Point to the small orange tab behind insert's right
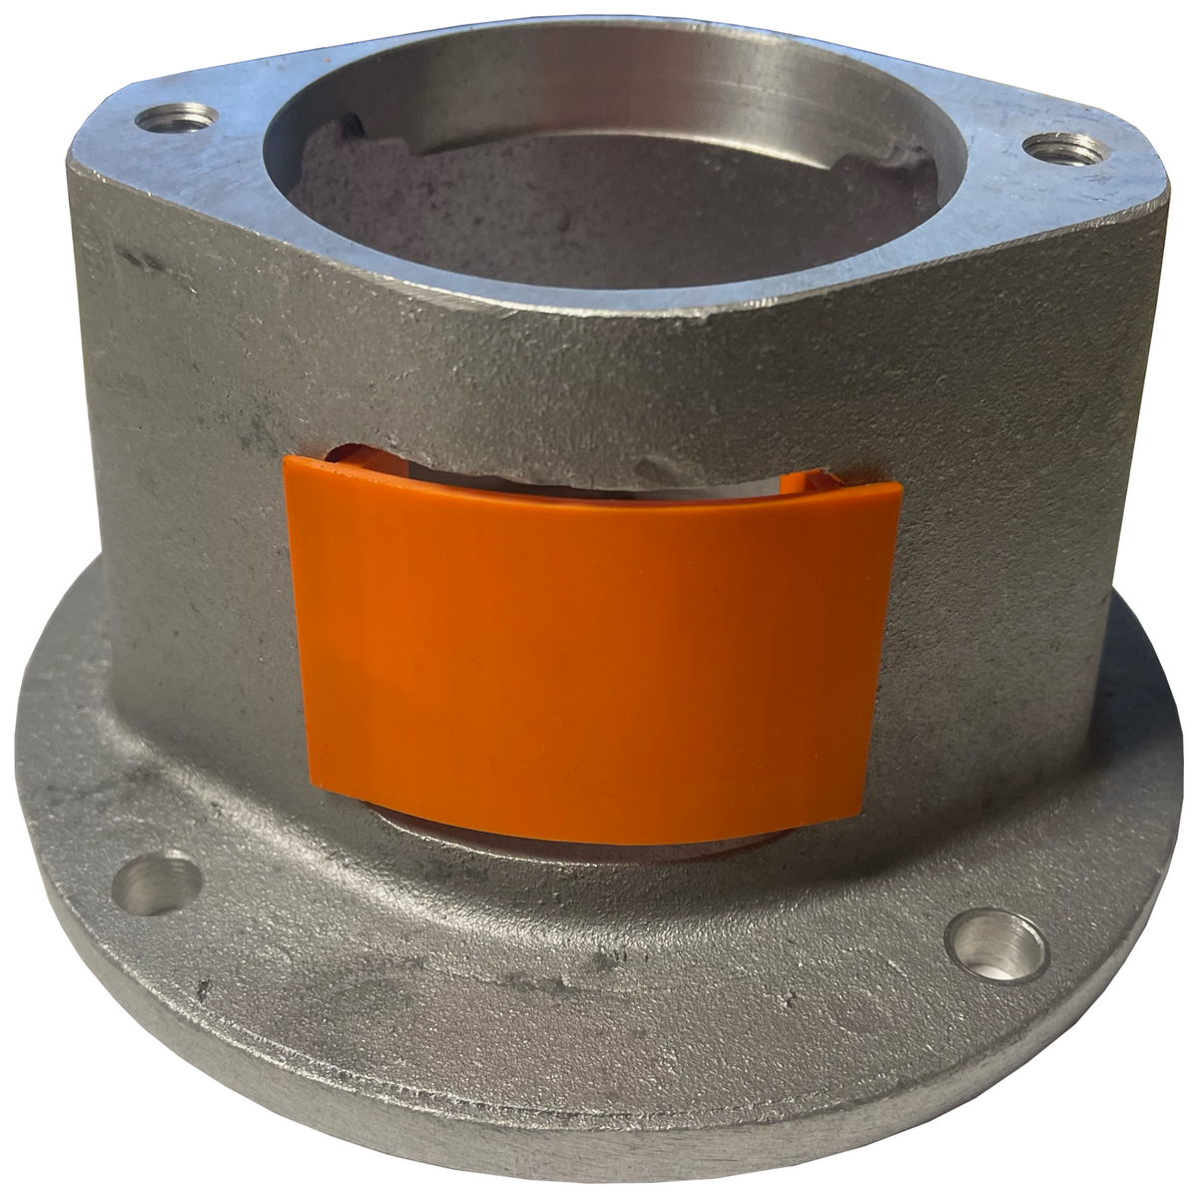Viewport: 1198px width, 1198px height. coord(799,479)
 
